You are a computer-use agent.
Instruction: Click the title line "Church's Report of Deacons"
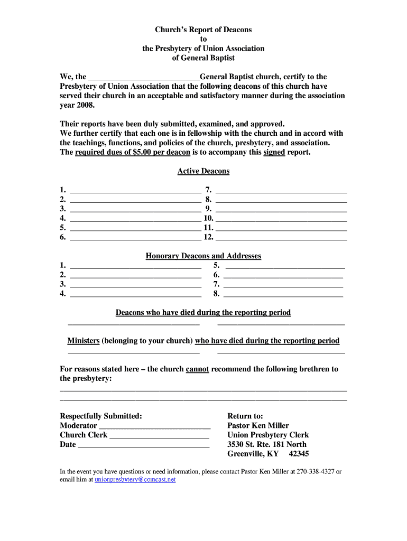203,30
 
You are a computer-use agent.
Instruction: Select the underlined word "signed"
274,153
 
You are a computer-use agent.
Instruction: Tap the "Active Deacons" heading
203,171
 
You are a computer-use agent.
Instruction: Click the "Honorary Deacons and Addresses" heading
203,256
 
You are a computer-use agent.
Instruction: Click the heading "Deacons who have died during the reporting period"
203,313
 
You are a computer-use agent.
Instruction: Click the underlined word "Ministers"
84,341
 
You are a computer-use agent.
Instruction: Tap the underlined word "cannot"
197,369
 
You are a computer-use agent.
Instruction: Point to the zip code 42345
299,454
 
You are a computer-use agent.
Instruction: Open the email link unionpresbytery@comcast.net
135,480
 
